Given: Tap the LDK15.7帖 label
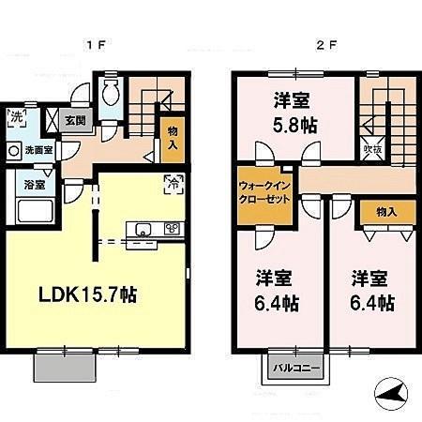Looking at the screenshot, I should pyautogui.click(x=89, y=294).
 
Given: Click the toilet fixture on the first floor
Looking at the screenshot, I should pyautogui.click(x=112, y=93).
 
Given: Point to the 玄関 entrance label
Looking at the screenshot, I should pyautogui.click(x=75, y=121).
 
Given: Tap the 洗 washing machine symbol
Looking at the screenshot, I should pyautogui.click(x=18, y=118).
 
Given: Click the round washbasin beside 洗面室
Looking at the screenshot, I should pyautogui.click(x=16, y=150).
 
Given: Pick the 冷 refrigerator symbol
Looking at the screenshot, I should pyautogui.click(x=174, y=184).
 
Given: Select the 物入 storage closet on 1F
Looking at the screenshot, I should pyautogui.click(x=173, y=140).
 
